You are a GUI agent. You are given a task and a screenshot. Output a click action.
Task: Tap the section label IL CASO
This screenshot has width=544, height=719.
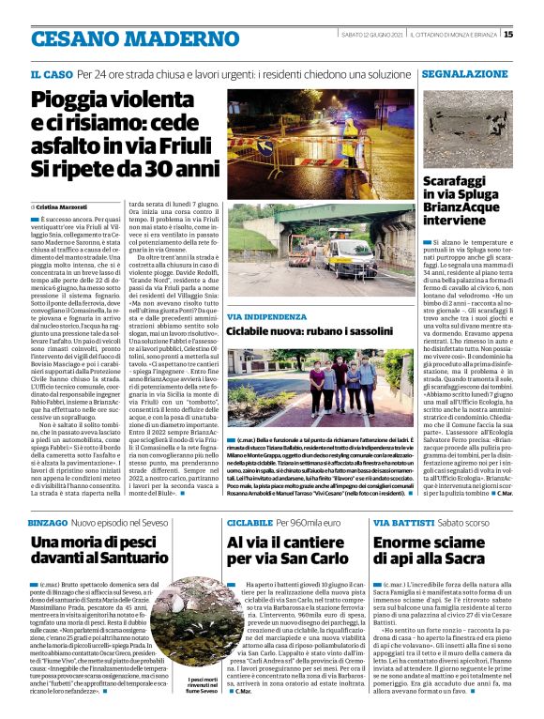click(52, 73)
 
